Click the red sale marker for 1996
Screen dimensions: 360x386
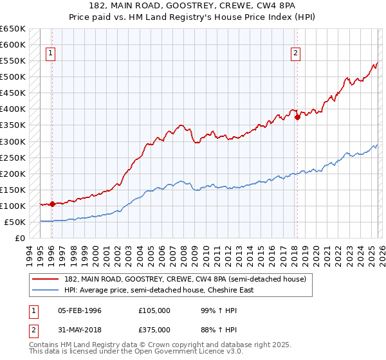(52, 204)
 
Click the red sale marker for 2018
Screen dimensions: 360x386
(297, 117)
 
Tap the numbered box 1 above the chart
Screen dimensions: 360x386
(50, 54)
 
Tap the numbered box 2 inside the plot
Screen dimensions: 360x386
(295, 54)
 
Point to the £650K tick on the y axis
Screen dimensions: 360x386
(13, 29)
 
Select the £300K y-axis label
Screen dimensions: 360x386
(13, 141)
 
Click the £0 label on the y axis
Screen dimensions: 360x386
(19, 238)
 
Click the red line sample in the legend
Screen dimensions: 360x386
(46, 279)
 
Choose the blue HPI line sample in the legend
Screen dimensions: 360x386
(46, 290)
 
